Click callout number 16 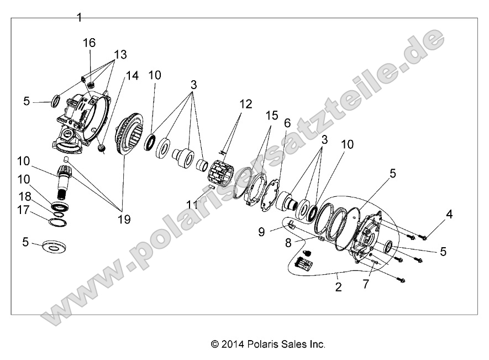pos(90,43)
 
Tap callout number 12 pos(245,103)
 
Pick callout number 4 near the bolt pos(450,213)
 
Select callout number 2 pos(338,288)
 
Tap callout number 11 pos(192,205)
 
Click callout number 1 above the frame pos(79,18)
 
